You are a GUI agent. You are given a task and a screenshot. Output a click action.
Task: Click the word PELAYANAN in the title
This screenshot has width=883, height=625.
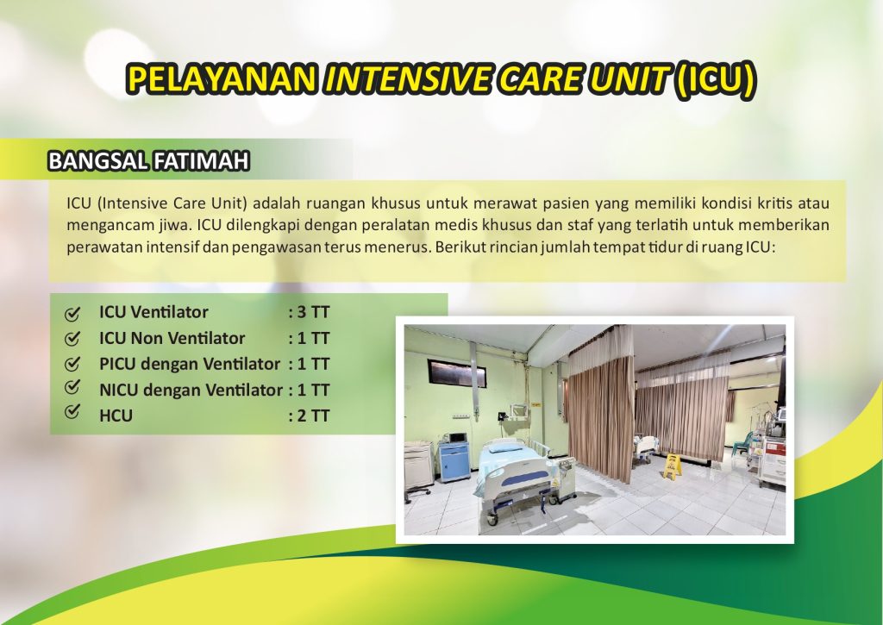pyautogui.click(x=221, y=78)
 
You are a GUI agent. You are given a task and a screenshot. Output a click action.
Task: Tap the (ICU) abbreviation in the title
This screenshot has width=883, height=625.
pyautogui.click(x=715, y=78)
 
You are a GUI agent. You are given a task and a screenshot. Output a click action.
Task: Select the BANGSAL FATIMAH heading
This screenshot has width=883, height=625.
pyautogui.click(x=148, y=161)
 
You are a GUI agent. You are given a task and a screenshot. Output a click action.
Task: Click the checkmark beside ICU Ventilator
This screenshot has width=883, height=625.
pyautogui.click(x=72, y=314)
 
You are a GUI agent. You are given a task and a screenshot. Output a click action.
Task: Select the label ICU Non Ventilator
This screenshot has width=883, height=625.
pyautogui.click(x=172, y=338)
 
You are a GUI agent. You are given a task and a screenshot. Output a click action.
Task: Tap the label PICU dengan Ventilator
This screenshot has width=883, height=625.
pyautogui.click(x=189, y=364)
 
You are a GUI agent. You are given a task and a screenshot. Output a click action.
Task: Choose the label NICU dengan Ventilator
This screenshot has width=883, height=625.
pyautogui.click(x=191, y=390)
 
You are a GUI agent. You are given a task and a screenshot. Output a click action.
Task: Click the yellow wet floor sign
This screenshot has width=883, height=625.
pyautogui.click(x=671, y=466)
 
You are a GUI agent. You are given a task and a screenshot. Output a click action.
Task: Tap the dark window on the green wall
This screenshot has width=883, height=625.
pyautogui.click(x=457, y=372)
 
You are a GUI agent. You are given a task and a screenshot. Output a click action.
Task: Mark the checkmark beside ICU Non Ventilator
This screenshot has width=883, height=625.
pyautogui.click(x=72, y=339)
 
